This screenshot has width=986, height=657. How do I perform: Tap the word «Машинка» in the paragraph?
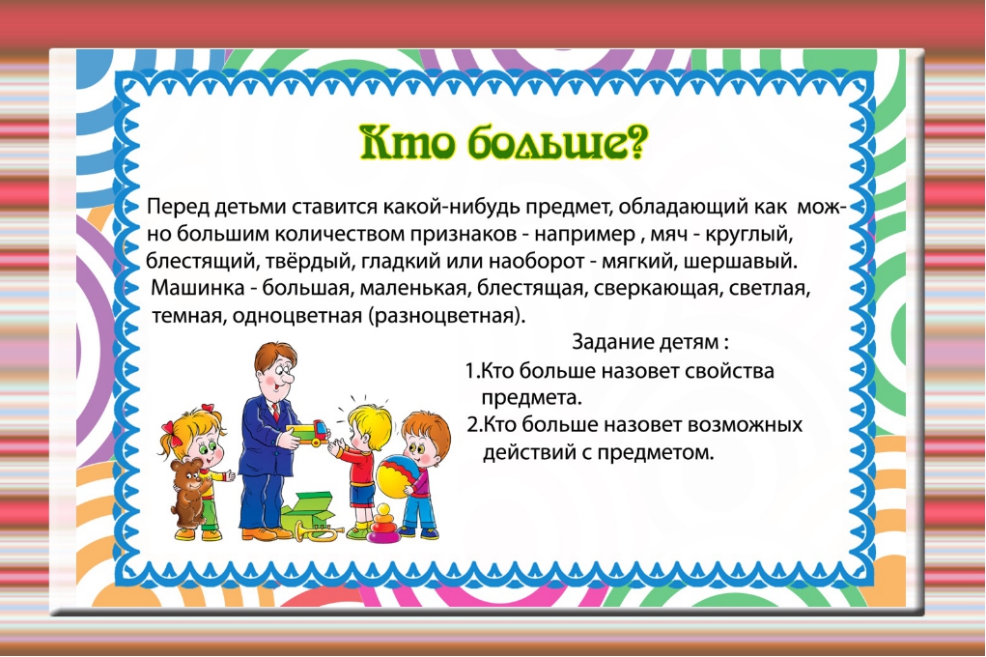[198, 288]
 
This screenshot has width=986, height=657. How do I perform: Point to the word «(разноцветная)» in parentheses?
[447, 315]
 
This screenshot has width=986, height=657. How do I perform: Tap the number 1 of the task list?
[469, 371]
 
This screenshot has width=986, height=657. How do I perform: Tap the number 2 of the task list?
[473, 425]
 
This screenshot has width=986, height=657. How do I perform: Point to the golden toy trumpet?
[320, 531]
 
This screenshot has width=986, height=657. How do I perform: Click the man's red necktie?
[275, 412]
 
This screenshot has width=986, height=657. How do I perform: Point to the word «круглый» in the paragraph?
[749, 234]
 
